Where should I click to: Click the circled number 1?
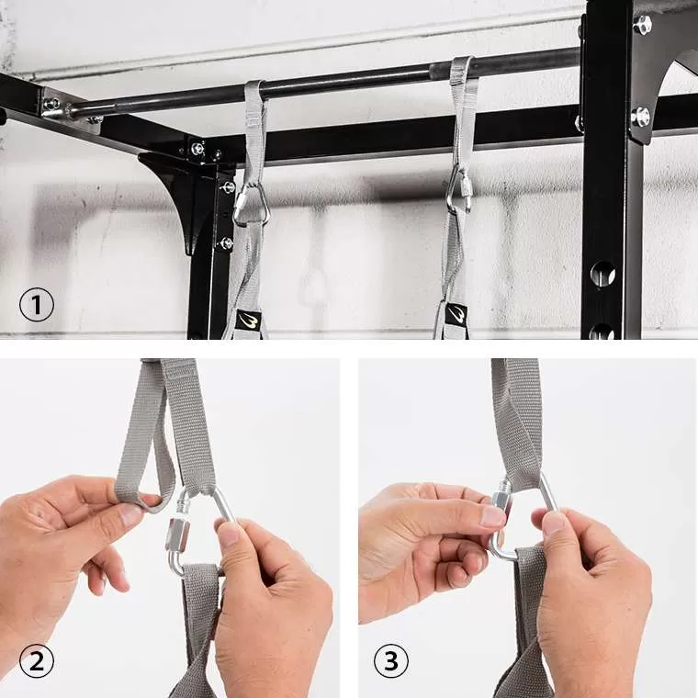37,305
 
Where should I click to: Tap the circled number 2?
37,661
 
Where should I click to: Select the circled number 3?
391,661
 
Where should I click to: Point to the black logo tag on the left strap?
248,320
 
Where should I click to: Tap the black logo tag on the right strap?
456,314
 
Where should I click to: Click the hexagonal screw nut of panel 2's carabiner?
175,535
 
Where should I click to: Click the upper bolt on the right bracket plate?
642,25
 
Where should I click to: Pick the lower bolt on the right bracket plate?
640,117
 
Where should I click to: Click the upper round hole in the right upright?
602,274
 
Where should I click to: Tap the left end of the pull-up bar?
73,110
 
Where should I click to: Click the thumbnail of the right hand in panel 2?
230,535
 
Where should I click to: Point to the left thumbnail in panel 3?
494,516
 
